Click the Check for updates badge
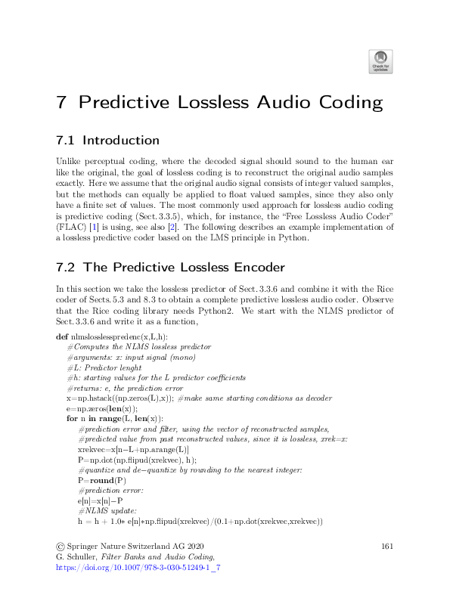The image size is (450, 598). click(x=380, y=61)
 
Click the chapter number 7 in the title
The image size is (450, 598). click(x=63, y=103)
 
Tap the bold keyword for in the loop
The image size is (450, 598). click(x=72, y=418)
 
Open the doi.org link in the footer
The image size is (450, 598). click(x=138, y=566)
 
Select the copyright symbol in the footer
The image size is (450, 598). click(x=61, y=545)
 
